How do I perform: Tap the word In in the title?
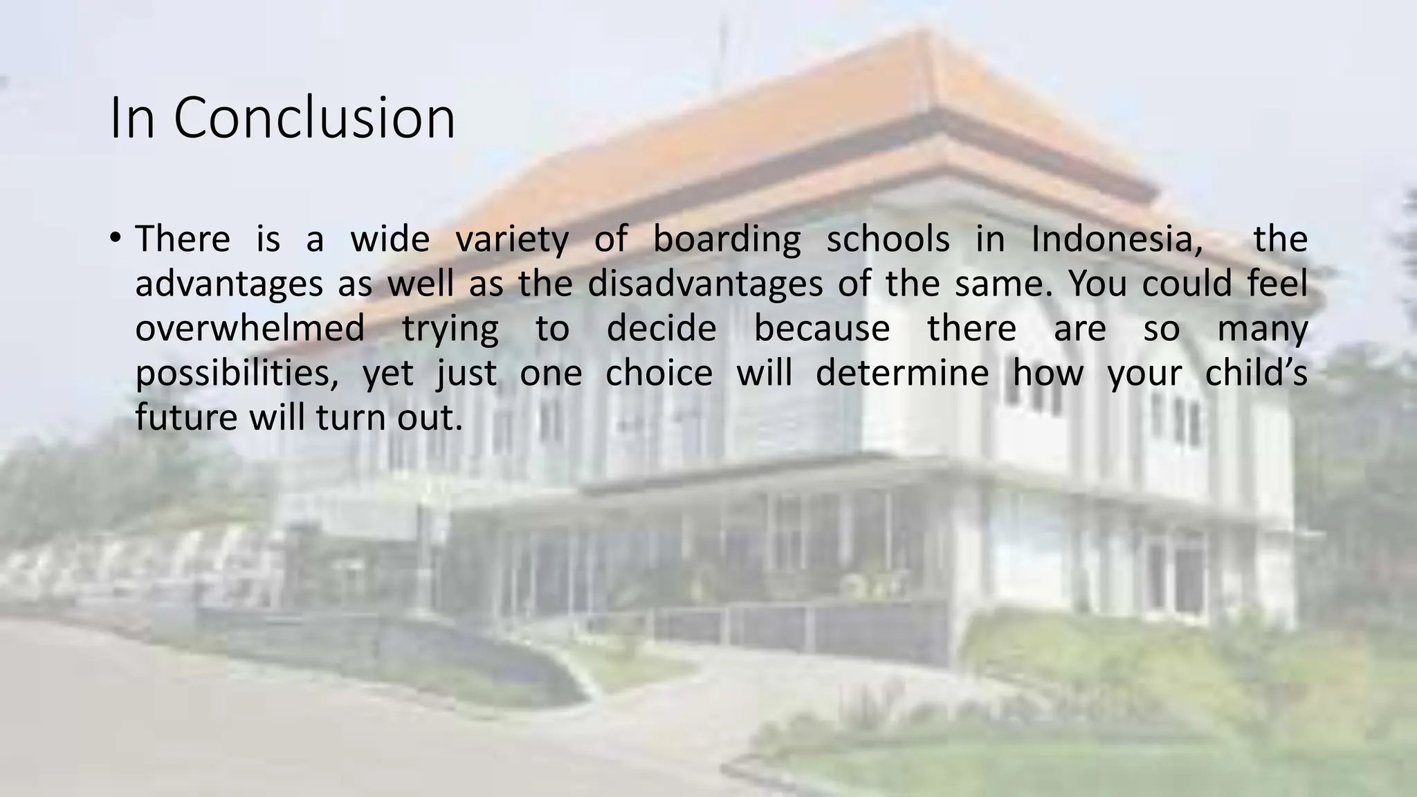point(132,118)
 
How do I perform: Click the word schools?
point(888,239)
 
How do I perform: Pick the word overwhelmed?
point(250,328)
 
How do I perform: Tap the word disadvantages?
point(705,284)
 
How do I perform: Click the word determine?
point(902,374)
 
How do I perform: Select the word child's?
point(1256,374)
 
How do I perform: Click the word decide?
point(661,328)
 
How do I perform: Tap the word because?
point(821,328)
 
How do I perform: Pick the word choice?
point(659,374)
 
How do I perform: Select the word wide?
point(390,239)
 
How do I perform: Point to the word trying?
point(450,329)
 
